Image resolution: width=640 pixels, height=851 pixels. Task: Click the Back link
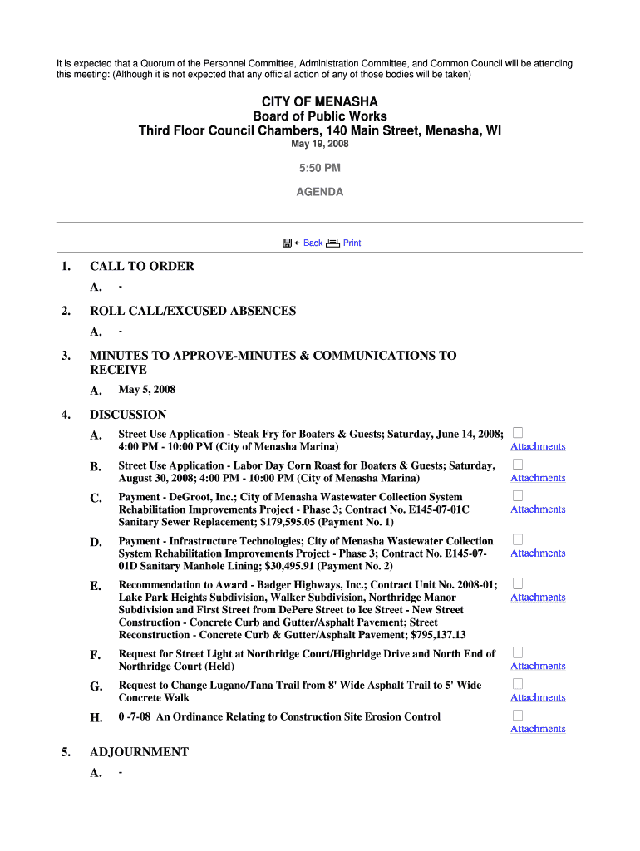pos(313,243)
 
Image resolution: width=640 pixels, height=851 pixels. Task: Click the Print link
pos(352,243)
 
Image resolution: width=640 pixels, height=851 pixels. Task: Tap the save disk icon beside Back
pos(287,243)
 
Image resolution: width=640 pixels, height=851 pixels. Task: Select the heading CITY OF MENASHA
pos(319,102)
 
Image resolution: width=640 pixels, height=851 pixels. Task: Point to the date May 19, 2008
pos(319,145)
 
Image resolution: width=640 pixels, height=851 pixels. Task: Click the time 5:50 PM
pos(319,169)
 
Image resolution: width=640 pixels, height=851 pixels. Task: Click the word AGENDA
pos(319,192)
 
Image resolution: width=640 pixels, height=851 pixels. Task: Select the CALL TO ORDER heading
pos(142,267)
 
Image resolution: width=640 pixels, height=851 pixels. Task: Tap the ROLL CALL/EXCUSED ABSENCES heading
pos(193,312)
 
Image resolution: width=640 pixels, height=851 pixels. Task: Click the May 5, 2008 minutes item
pos(147,390)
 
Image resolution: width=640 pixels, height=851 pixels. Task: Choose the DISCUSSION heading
pos(128,415)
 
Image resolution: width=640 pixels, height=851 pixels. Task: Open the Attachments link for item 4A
pos(538,447)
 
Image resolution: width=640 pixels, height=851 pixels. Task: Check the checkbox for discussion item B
pos(517,464)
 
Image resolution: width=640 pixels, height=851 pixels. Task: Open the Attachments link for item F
pos(538,667)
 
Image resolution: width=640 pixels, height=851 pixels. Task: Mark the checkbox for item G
pos(517,683)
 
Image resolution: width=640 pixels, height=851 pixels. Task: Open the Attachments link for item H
pos(538,730)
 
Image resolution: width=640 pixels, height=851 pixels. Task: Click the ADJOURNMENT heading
pos(139,752)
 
